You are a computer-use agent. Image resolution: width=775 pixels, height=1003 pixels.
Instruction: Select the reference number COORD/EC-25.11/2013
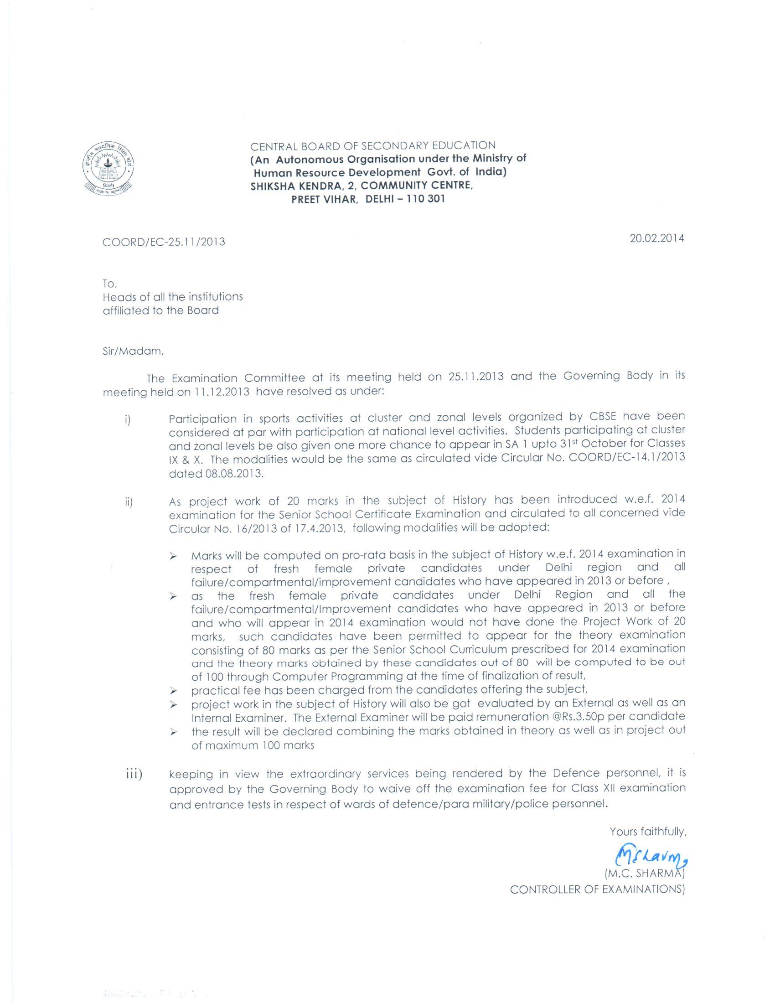[164, 242]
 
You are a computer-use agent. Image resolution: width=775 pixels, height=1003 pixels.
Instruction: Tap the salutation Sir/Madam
[133, 352]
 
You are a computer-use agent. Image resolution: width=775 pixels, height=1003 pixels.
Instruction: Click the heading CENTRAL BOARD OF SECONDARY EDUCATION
[373, 146]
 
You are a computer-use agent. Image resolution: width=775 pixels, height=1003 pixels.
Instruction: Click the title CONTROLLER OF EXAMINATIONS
[597, 889]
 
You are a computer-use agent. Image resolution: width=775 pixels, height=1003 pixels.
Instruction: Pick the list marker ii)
[129, 502]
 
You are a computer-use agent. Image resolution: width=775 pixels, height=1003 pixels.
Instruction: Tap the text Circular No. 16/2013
[223, 528]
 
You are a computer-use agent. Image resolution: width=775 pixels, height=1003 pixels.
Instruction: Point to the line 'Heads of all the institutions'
[173, 297]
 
